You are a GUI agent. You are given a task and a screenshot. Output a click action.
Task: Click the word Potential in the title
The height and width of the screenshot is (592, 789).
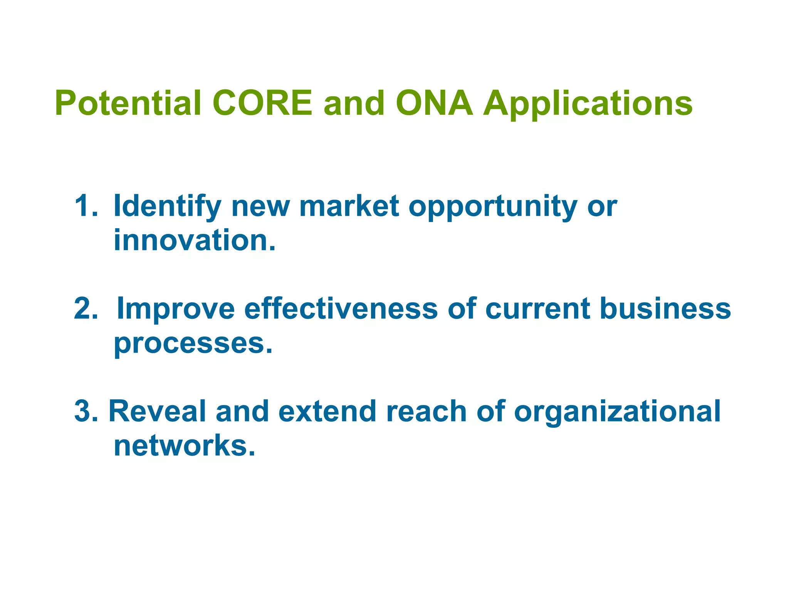128,103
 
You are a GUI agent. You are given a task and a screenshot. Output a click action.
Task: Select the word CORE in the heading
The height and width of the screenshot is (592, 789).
262,103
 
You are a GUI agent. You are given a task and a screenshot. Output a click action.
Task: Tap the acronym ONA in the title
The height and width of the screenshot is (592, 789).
434,103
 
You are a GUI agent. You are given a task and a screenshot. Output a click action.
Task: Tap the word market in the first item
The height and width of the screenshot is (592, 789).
349,206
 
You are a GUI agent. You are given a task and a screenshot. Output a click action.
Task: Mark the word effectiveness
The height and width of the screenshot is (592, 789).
341,309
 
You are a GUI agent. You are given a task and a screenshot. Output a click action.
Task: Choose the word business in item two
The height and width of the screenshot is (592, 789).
665,309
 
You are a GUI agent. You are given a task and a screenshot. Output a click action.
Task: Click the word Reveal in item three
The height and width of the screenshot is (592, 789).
157,411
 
